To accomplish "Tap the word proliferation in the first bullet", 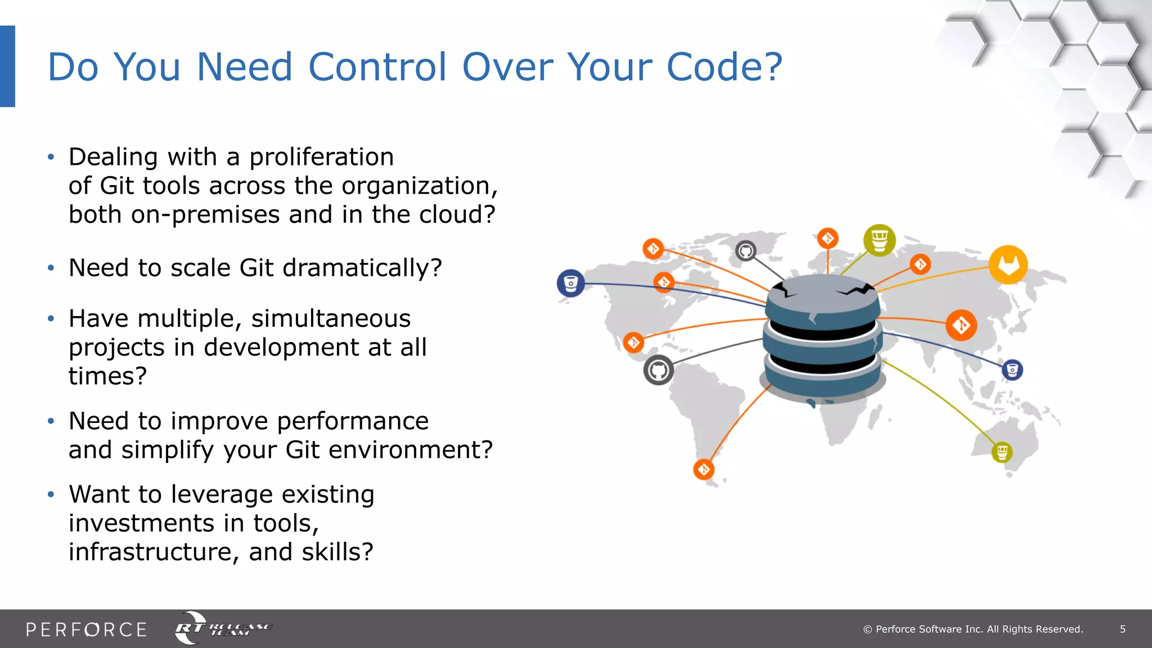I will click(x=321, y=157).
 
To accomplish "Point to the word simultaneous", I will click(x=331, y=319).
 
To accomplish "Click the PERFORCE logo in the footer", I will click(x=86, y=629).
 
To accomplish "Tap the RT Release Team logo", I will click(x=223, y=628).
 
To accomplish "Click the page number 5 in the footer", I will click(x=1122, y=629).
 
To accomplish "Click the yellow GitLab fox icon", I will click(x=1008, y=264).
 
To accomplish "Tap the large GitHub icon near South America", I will click(x=658, y=370).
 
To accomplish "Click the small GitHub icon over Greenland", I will click(x=746, y=251).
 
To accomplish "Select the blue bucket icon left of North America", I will click(x=570, y=283).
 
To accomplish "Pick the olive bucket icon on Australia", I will click(x=1002, y=452).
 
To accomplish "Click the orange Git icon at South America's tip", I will click(x=704, y=469).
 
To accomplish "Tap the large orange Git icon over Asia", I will click(x=961, y=325).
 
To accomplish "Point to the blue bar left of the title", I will click(x=7, y=66).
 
